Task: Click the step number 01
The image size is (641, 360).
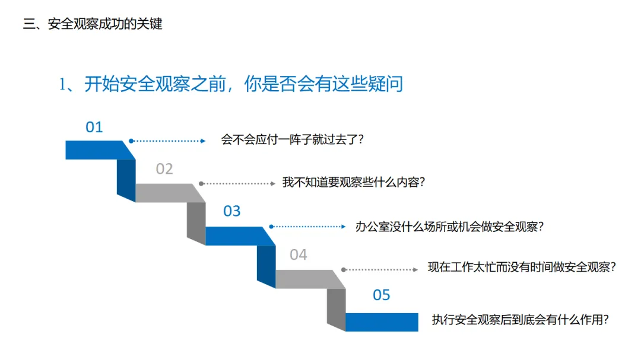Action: coord(94,127)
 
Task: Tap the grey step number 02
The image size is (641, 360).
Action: coord(164,169)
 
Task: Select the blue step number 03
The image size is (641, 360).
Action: coord(232,211)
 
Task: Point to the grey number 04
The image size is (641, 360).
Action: coord(299,255)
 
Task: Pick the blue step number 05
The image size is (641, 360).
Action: coord(382,295)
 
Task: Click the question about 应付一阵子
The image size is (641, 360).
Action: coord(292,140)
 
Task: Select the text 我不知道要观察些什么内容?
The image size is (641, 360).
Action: coord(354,183)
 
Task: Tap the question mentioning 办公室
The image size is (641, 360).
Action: coord(449,226)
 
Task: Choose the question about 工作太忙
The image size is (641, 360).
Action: coord(522,267)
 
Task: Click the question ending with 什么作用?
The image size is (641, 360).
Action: coord(521,320)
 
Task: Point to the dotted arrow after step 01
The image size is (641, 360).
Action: coord(168,141)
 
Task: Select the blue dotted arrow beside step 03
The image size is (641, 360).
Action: coord(307,227)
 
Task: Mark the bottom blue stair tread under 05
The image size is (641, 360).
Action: coord(382,322)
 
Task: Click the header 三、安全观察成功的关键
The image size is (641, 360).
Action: coord(93,24)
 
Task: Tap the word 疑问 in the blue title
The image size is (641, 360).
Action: coord(385,84)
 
